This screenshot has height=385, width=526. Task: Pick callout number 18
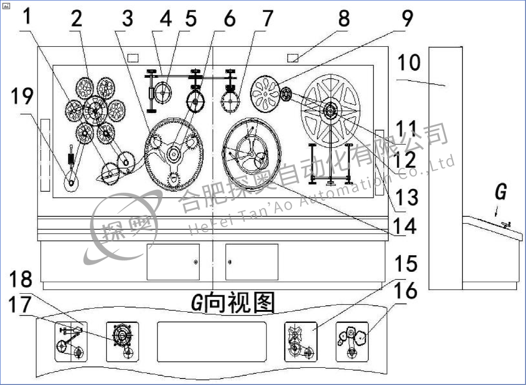click(20, 279)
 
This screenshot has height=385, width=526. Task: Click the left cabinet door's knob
click(196, 263)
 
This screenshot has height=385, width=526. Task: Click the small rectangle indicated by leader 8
click(292, 58)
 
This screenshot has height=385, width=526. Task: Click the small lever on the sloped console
click(505, 225)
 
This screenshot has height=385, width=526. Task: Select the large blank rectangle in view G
click(211, 342)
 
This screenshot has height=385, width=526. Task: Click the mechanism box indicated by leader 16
click(352, 341)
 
